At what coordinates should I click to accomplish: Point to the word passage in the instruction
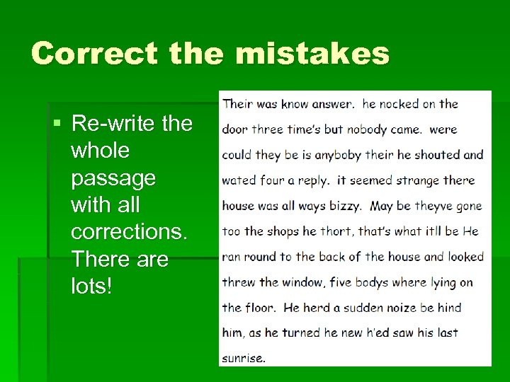113,178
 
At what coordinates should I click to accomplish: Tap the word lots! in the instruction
92,286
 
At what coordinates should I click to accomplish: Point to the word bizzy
345,206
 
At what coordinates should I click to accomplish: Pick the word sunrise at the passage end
242,358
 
